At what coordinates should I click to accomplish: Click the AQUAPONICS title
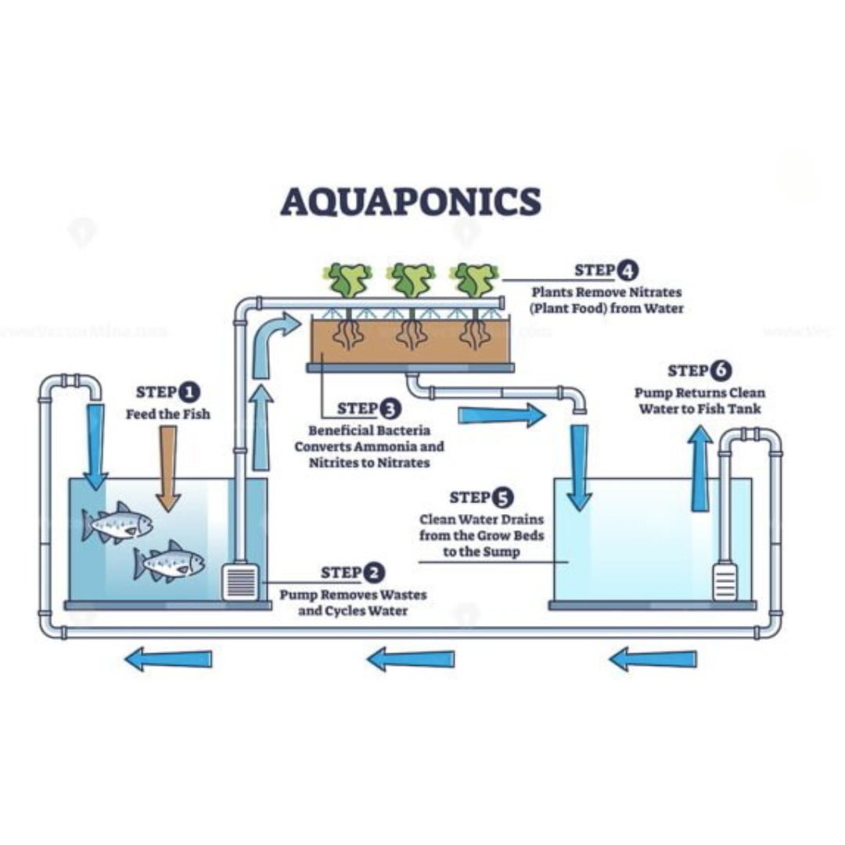[x=410, y=201]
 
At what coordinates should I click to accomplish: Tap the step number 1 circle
[x=189, y=392]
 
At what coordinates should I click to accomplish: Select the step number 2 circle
[x=375, y=574]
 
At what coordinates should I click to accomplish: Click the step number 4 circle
[x=627, y=271]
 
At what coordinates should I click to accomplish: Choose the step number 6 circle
[x=721, y=370]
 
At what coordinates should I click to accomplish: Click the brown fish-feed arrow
[x=168, y=468]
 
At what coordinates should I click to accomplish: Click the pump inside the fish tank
[x=240, y=582]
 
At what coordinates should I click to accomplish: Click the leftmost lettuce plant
[x=348, y=280]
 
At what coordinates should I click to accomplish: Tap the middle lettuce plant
[x=412, y=280]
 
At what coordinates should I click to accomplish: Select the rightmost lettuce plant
[x=475, y=280]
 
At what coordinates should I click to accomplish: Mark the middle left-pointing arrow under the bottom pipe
[x=411, y=660]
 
